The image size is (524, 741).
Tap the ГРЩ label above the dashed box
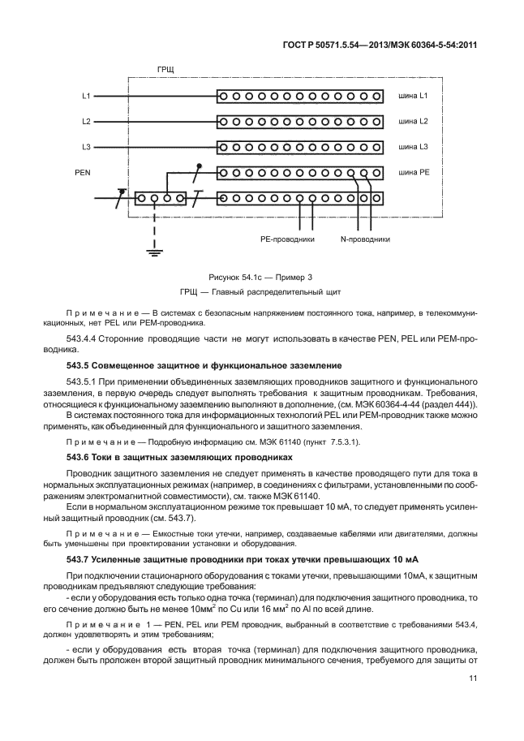click(x=165, y=71)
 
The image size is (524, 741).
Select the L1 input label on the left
click(x=86, y=96)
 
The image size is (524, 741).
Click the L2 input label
click(x=86, y=122)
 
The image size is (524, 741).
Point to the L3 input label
click(x=86, y=148)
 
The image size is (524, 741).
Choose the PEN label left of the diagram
click(x=82, y=173)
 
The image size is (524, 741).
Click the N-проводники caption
click(x=365, y=239)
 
